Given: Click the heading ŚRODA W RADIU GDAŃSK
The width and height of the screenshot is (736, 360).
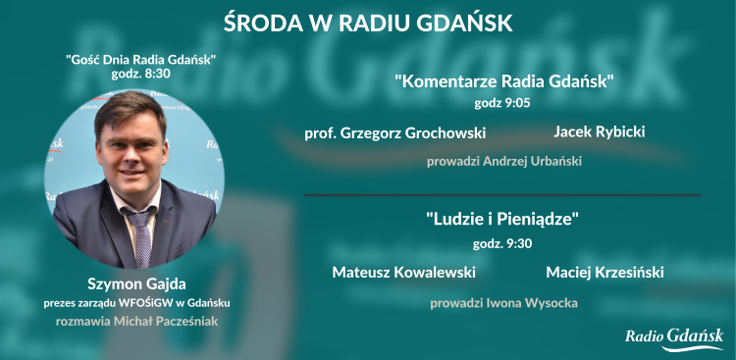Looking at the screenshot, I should tap(368, 21).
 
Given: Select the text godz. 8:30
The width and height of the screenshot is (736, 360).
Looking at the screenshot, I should tap(134, 75).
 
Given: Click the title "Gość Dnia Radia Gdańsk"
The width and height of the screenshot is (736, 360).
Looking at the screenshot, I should tap(134, 60).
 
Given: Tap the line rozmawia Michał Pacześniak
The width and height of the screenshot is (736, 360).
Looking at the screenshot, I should tap(134, 321).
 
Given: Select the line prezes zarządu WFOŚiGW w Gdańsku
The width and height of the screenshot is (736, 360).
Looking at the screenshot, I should tap(134, 303).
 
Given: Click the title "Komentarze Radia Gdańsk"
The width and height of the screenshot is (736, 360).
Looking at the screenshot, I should tap(504, 81).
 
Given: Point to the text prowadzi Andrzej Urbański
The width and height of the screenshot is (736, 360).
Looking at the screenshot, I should tap(504, 161).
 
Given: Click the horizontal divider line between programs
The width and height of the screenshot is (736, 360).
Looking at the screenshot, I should tap(502, 195).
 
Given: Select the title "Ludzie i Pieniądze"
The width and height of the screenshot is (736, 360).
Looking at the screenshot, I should tap(503, 221).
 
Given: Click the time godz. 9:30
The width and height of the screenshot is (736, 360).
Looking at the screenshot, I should tap(503, 241).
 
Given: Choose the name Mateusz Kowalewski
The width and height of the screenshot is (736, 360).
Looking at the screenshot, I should tap(403, 272).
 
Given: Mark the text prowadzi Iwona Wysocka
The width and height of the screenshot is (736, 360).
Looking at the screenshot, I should tap(503, 303).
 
